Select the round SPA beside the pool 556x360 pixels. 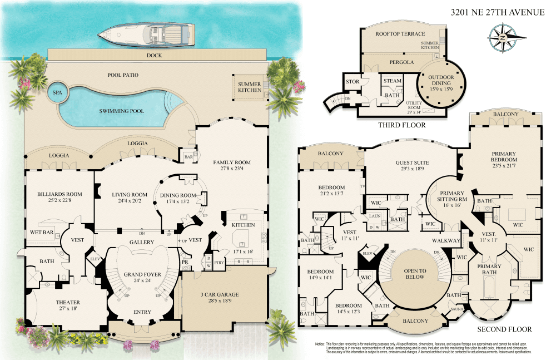click(57, 93)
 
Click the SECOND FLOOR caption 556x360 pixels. click(499, 329)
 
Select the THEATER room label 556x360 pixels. click(68, 303)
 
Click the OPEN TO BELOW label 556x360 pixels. click(415, 273)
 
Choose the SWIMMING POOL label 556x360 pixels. click(121, 111)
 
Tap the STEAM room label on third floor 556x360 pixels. click(393, 81)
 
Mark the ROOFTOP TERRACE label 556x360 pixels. click(400, 34)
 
